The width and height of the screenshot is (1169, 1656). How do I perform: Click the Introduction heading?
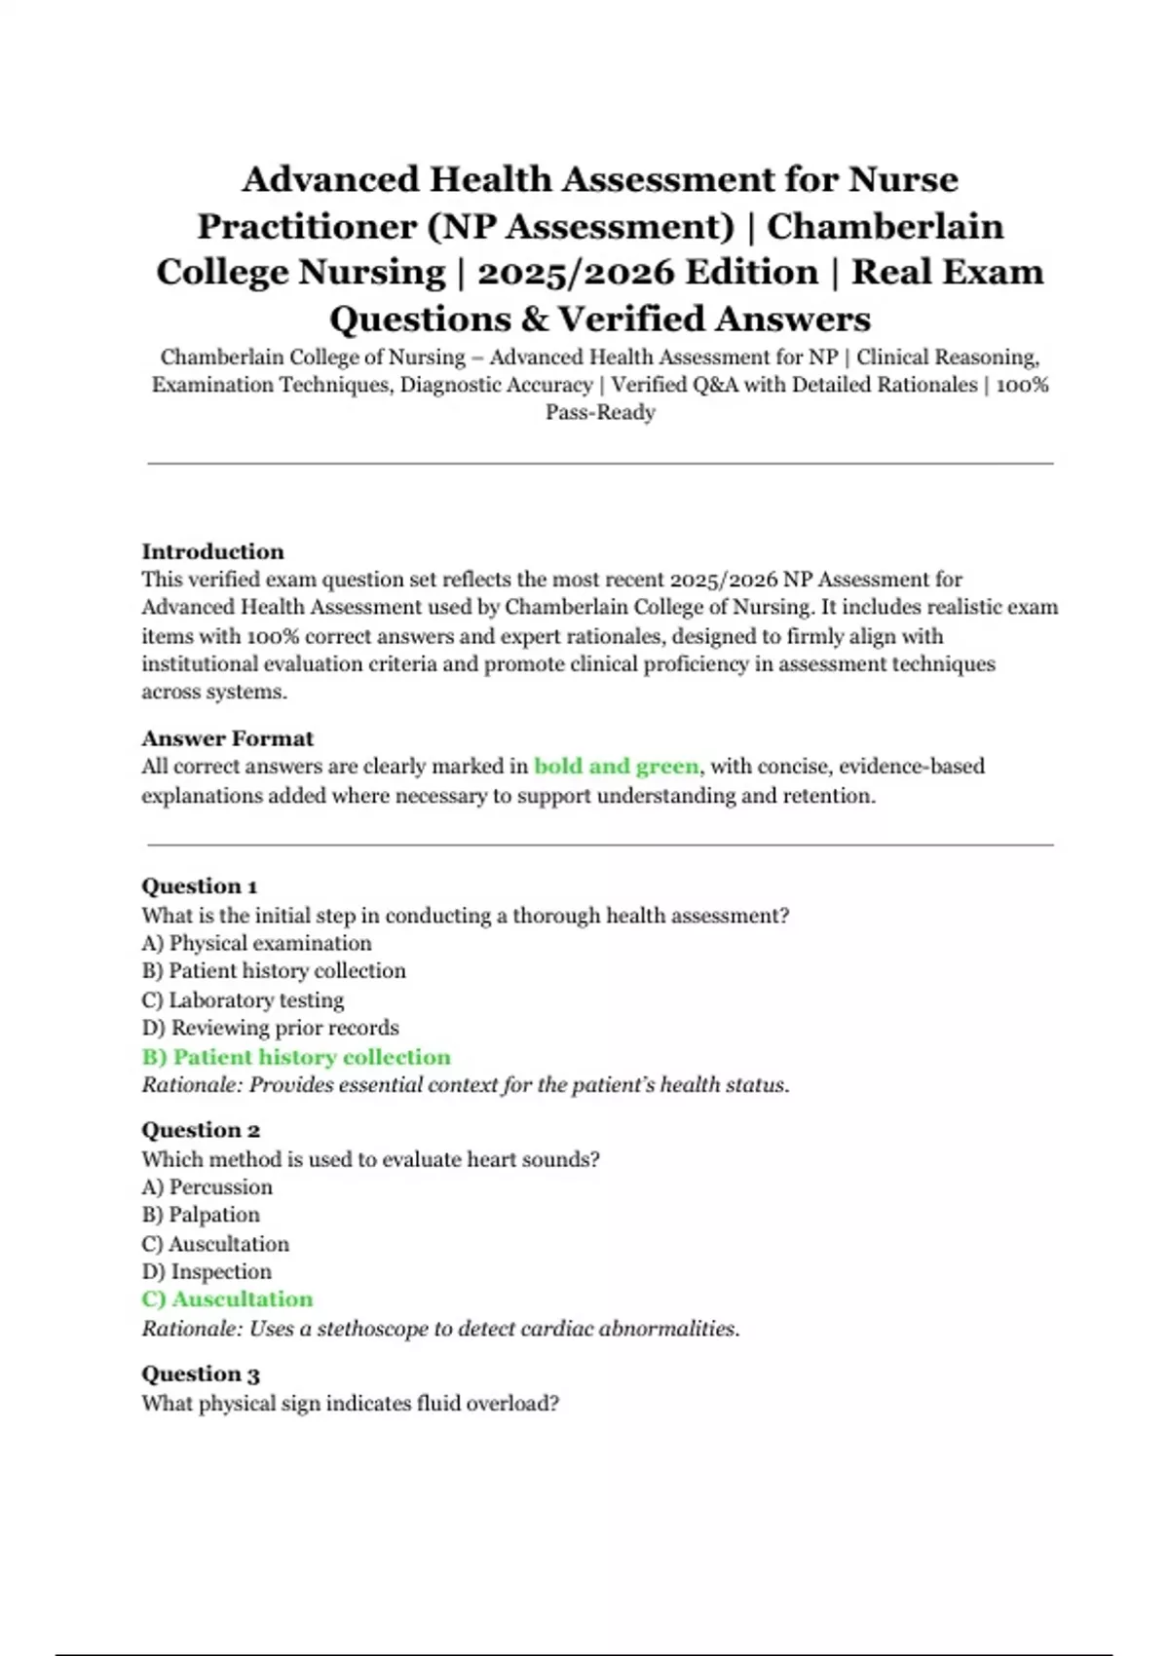pyautogui.click(x=212, y=551)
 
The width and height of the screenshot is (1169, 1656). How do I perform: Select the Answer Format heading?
pyautogui.click(x=227, y=738)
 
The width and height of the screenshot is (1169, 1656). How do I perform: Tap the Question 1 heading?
pyautogui.click(x=199, y=886)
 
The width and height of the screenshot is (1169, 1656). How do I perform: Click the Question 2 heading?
pyautogui.click(x=201, y=1130)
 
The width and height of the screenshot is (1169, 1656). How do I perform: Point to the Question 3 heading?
pyautogui.click(x=201, y=1374)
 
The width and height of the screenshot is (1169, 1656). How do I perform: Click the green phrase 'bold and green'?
pyautogui.click(x=617, y=767)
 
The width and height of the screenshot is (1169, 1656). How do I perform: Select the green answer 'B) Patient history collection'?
pyautogui.click(x=296, y=1057)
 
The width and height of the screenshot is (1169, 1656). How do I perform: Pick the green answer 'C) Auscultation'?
pyautogui.click(x=227, y=1299)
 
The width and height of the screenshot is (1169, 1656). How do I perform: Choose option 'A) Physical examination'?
pyautogui.click(x=256, y=943)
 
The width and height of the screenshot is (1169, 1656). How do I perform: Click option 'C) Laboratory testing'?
pyautogui.click(x=243, y=1000)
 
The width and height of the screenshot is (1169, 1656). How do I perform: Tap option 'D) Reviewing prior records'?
pyautogui.click(x=270, y=1028)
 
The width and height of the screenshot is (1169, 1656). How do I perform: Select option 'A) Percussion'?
pyautogui.click(x=207, y=1186)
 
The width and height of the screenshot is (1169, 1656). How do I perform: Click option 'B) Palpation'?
pyautogui.click(x=201, y=1215)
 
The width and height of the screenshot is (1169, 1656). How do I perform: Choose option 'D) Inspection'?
pyautogui.click(x=207, y=1271)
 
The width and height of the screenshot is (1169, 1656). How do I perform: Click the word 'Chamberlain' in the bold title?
pyautogui.click(x=885, y=226)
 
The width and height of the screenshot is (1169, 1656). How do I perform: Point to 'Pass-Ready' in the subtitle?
pyautogui.click(x=600, y=412)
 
